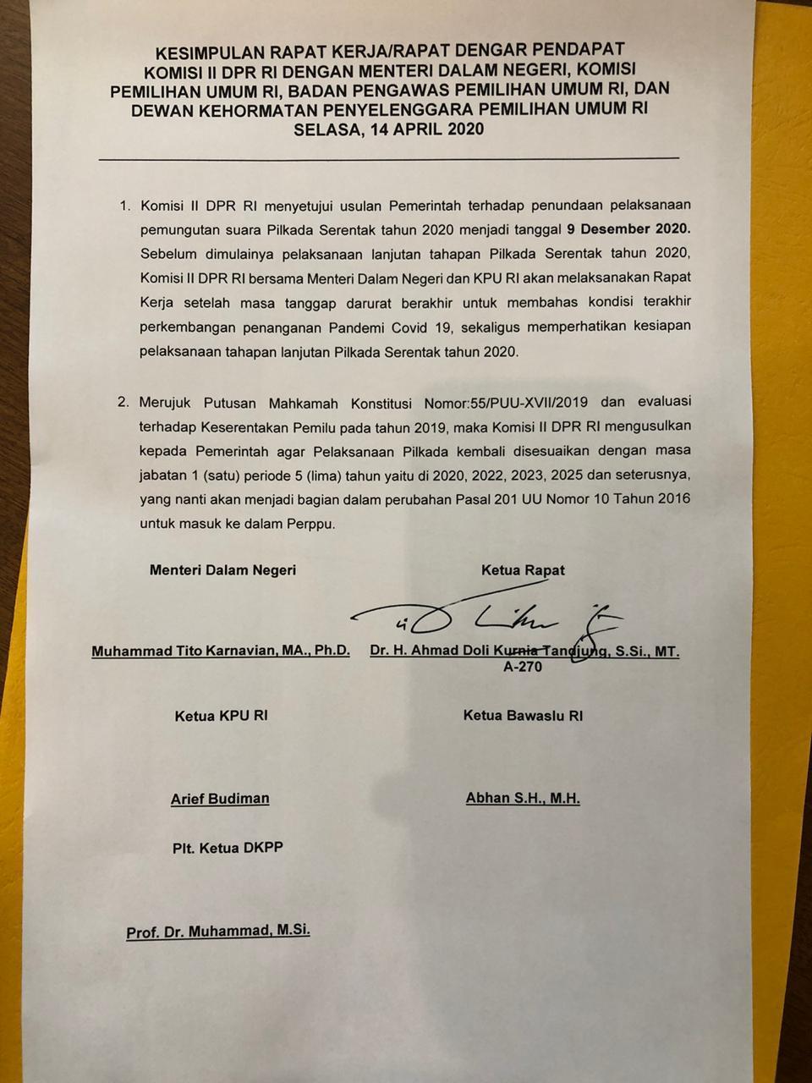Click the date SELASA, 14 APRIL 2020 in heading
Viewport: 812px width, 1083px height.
click(388, 129)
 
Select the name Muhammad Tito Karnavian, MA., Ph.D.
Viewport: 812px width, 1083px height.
click(221, 651)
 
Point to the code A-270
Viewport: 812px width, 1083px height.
click(523, 667)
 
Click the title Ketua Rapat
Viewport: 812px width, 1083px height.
click(523, 570)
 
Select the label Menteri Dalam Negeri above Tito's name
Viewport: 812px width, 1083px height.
click(222, 570)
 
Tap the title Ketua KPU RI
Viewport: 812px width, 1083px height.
click(221, 716)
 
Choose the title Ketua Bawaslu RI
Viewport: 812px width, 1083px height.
click(523, 716)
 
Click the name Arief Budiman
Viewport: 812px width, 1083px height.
click(220, 799)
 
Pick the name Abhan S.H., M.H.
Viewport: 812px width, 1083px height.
click(523, 798)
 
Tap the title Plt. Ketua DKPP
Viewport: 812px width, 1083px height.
click(228, 847)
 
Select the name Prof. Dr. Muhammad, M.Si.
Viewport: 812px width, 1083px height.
click(218, 932)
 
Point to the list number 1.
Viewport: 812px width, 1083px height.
click(124, 206)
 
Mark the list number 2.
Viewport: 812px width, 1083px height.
click(123, 403)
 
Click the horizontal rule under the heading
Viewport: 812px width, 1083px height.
click(388, 158)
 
